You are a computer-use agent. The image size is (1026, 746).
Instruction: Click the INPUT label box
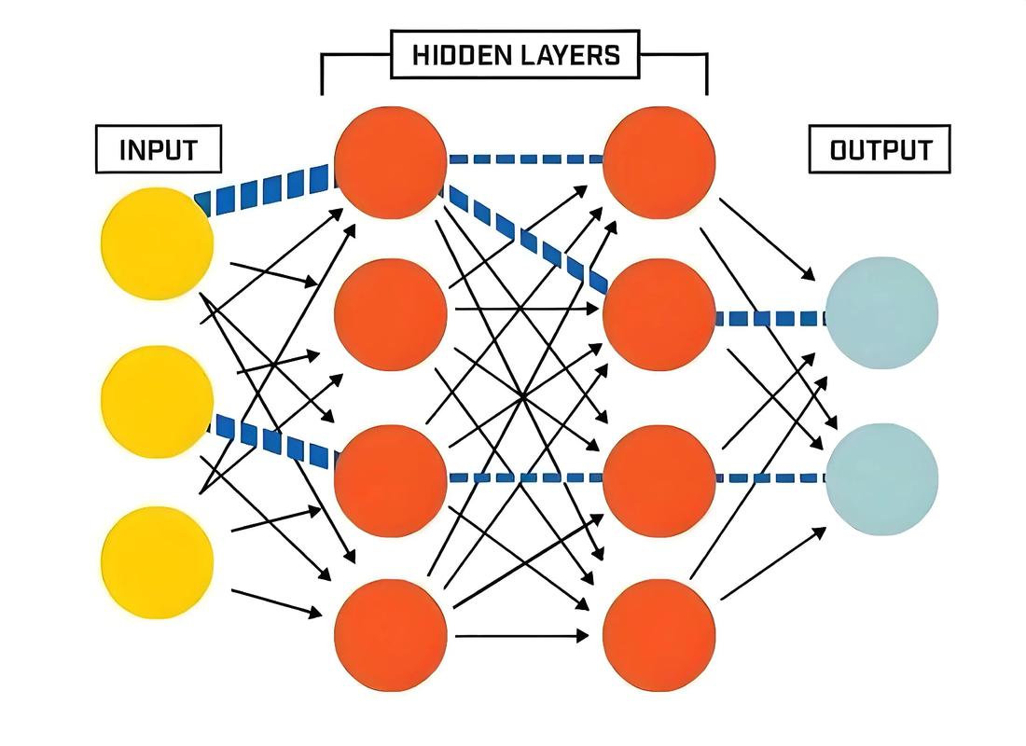tap(159, 149)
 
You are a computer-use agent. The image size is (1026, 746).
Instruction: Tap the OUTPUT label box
tap(880, 149)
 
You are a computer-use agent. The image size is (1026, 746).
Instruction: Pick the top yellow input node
tap(158, 243)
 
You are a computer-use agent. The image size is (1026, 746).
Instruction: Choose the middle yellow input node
tap(158, 402)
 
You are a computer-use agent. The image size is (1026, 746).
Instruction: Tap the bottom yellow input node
tap(158, 561)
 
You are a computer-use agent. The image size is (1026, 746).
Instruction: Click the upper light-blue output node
tap(881, 312)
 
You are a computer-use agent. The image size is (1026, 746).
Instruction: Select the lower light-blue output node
tap(881, 479)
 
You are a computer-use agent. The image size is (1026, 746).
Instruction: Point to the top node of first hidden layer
tap(391, 162)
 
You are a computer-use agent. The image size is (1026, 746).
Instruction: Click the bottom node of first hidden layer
tap(391, 635)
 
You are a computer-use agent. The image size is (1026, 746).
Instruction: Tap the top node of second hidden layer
tap(659, 162)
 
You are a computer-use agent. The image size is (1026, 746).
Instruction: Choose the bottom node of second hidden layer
tap(659, 635)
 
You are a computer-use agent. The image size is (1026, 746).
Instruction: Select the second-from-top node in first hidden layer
tap(391, 314)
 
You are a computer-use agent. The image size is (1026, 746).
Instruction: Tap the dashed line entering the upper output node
tap(770, 319)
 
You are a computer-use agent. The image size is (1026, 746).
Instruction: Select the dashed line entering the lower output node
tap(770, 478)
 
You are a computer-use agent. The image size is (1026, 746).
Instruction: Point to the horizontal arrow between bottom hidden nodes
tap(521, 635)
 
